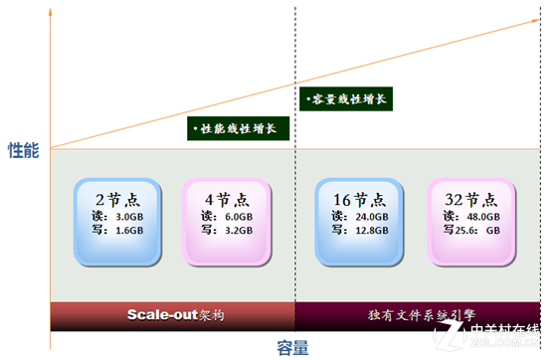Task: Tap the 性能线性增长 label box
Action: (239, 128)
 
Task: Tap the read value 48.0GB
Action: (482, 215)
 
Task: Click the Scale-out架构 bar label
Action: (174, 315)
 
